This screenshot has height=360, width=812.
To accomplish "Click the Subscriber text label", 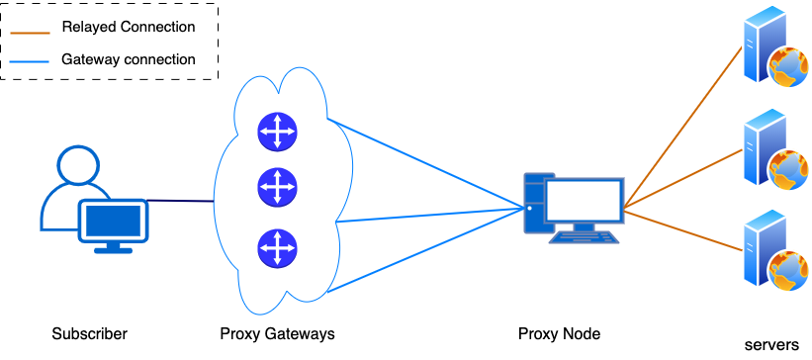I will pos(90,333).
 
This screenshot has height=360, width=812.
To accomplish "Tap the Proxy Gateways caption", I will pos(277,333).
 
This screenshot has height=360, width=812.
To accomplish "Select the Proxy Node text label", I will pos(559,333).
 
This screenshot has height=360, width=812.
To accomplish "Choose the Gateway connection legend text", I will pos(128,59).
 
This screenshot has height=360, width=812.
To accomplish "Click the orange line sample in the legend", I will pos(31,28).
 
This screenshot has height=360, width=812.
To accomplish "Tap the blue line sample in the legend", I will pos(31,60).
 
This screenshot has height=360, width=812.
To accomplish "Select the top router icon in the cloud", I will pos(277,132).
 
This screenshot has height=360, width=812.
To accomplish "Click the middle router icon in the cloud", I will pos(277,185).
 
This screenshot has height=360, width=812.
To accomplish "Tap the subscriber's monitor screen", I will pos(114,222).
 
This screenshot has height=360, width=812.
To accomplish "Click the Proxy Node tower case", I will pos(536,207).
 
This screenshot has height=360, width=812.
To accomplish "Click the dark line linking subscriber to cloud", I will pos(181,202).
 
